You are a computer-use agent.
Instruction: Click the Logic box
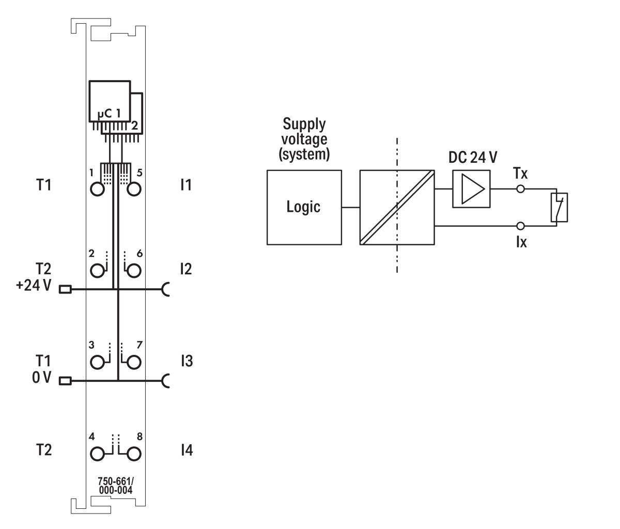click(304, 207)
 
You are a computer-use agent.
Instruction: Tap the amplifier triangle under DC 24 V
click(470, 189)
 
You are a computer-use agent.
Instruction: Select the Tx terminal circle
click(521, 189)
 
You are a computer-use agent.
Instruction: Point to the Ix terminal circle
click(521, 226)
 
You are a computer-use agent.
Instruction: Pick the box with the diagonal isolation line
click(397, 207)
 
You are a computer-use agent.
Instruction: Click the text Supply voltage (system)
click(304, 139)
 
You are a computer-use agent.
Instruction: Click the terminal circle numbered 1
click(97, 189)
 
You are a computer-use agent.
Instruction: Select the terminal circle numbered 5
click(134, 189)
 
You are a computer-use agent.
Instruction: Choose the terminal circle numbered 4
click(97, 454)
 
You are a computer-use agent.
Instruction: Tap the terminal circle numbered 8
click(134, 454)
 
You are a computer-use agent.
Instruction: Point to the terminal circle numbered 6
click(134, 270)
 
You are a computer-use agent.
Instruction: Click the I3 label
click(187, 361)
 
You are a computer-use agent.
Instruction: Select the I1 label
click(186, 184)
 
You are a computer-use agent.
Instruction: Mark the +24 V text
click(34, 285)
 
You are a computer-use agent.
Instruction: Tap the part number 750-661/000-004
click(116, 486)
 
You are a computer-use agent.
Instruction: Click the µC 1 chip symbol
click(110, 101)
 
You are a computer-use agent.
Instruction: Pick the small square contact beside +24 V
click(65, 289)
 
